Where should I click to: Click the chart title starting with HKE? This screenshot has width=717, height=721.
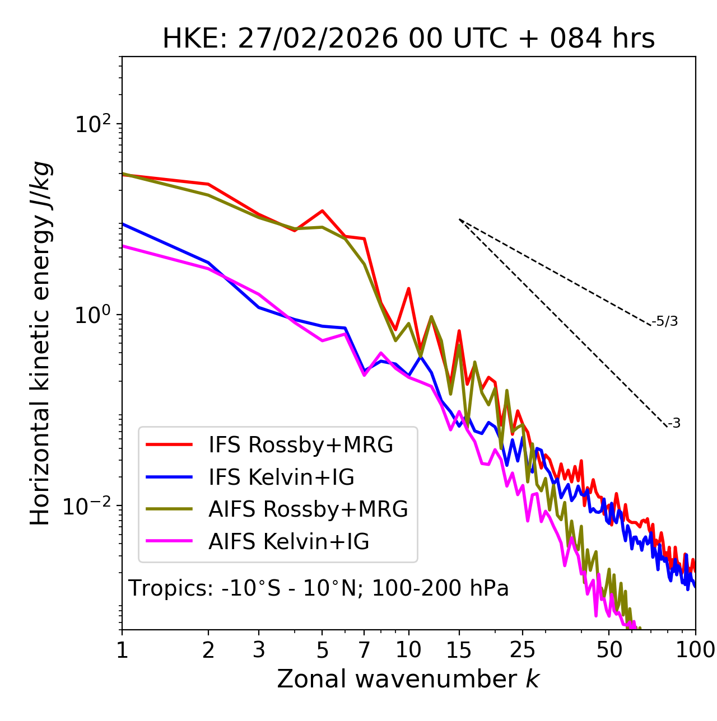coord(408,39)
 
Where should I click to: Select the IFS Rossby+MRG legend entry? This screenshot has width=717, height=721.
coord(300,445)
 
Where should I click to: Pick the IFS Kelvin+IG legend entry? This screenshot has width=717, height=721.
coord(281,477)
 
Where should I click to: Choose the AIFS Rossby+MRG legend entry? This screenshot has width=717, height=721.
coord(308,509)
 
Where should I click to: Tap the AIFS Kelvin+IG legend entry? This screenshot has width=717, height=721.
coord(288,542)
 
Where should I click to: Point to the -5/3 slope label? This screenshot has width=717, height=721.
coord(665,322)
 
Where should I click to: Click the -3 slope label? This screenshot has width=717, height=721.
coord(674,424)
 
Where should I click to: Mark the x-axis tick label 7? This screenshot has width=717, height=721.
coord(364,650)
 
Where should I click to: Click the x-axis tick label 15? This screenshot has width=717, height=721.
coord(459,650)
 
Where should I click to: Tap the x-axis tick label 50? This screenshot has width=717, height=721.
coord(609,650)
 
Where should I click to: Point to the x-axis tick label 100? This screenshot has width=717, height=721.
coord(695,650)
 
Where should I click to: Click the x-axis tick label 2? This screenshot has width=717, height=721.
coord(208,650)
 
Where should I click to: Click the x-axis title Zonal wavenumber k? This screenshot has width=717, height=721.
coord(408,679)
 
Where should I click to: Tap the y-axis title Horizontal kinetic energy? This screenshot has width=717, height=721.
coord(40,343)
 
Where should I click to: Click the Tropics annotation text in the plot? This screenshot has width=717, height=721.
coord(319,588)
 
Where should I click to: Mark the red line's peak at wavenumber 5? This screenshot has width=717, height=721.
coord(322,210)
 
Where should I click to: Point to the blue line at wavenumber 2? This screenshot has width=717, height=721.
coord(208,263)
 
